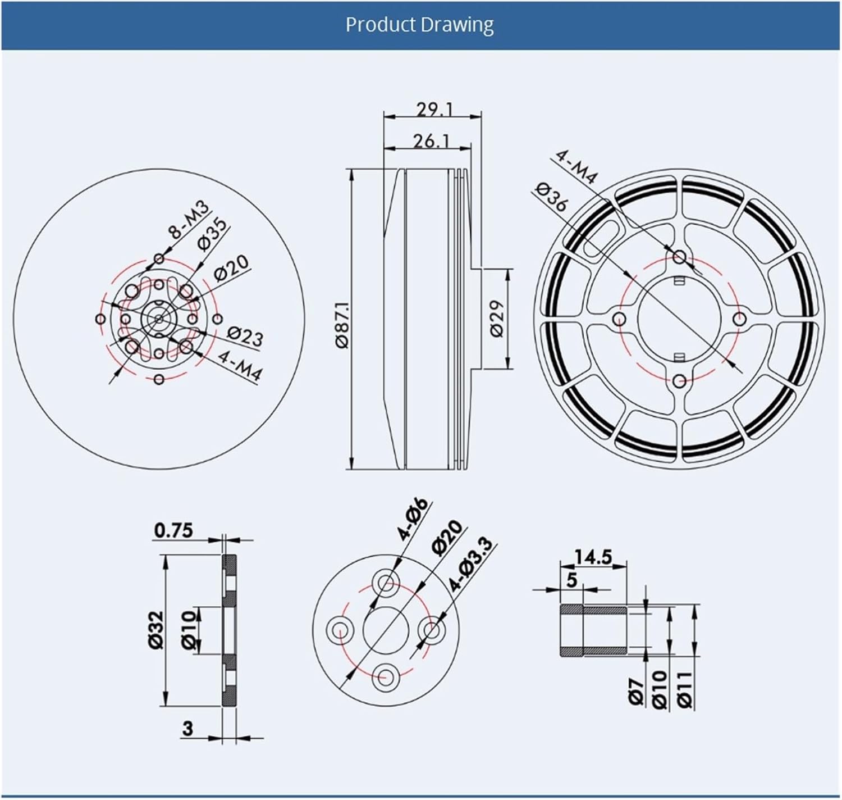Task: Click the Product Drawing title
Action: coord(419,25)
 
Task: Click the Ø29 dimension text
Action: coord(497,319)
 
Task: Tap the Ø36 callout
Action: coord(551,196)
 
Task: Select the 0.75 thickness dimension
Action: coord(173,530)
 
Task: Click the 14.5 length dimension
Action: coord(592,557)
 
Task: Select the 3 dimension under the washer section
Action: coord(187,728)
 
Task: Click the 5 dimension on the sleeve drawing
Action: coord(571,579)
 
